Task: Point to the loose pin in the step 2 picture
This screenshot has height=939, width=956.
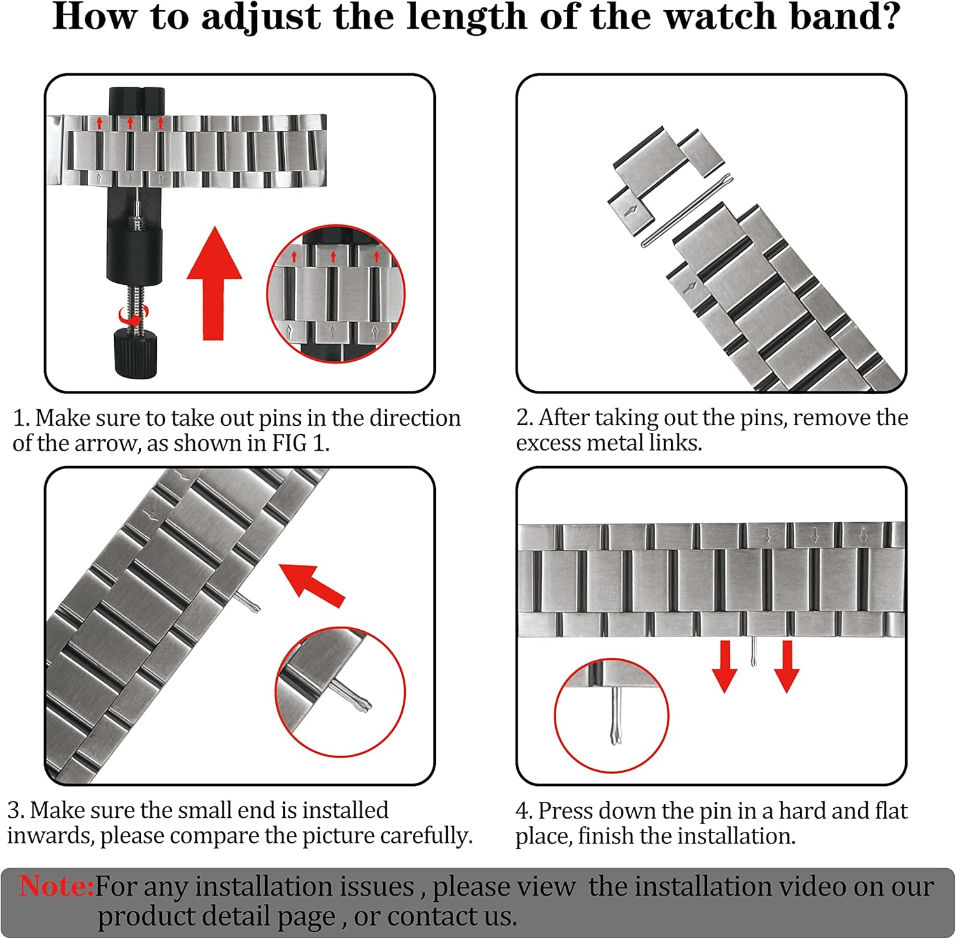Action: click(x=686, y=210)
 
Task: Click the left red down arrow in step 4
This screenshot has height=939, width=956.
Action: click(x=725, y=666)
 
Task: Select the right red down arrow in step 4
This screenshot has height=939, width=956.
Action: click(x=787, y=666)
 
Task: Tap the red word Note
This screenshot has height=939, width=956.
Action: click(x=56, y=886)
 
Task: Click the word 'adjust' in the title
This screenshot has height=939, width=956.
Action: click(x=261, y=17)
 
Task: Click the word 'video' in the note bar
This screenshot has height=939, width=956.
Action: click(x=794, y=886)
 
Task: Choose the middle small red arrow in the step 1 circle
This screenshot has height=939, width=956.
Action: click(x=333, y=257)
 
